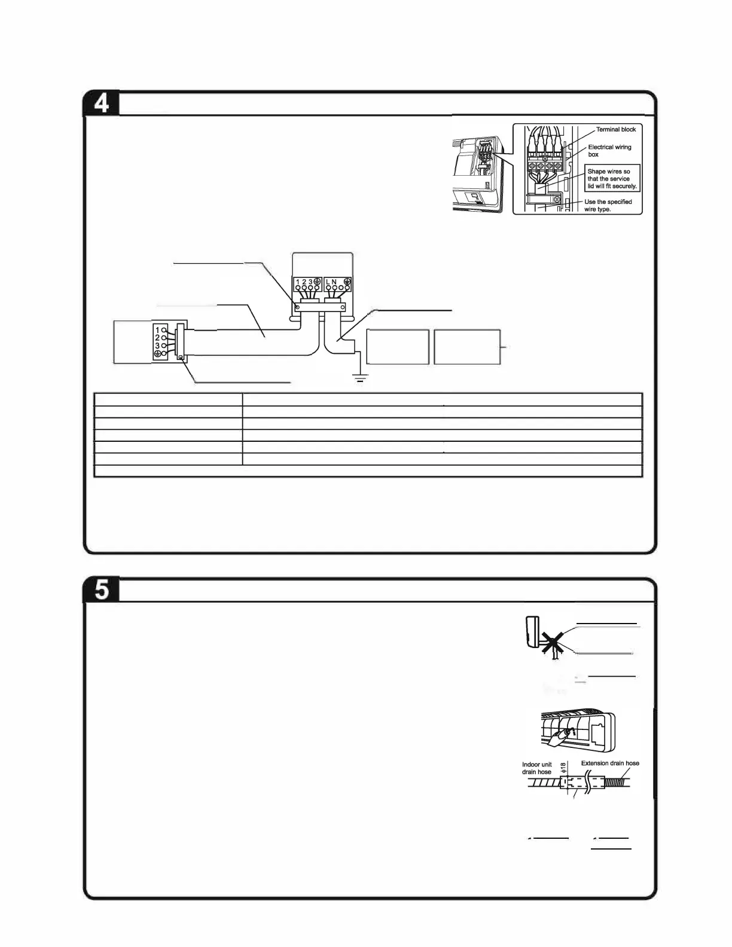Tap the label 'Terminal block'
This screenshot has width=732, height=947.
615,130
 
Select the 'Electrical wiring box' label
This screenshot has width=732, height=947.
609,151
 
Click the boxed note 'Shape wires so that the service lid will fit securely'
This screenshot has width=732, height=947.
612,179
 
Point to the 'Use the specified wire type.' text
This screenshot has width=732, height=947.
608,206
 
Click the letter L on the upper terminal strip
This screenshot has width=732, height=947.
328,282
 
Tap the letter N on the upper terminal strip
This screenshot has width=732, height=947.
334,282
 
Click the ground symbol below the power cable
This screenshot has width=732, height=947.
360,378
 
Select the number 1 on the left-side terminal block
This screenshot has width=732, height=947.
157,330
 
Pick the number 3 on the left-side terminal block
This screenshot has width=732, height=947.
157,346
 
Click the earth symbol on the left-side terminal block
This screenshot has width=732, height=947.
157,354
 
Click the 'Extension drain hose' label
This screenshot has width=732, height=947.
610,763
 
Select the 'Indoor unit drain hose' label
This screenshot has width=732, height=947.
536,768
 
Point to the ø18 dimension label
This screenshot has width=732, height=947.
563,767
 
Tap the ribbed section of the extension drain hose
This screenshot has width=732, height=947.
617,782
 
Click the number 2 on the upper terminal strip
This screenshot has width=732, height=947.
304,282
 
